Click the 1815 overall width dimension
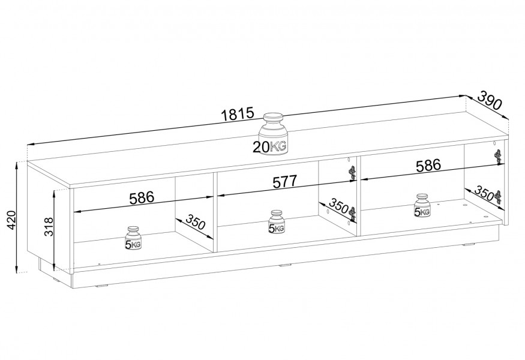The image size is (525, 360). click(x=238, y=114)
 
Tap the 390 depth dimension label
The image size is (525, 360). click(x=490, y=100)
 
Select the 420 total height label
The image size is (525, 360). click(x=11, y=220)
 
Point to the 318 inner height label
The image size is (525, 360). click(x=49, y=227)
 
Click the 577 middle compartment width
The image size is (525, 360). click(x=285, y=182)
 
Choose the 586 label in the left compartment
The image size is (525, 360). click(x=142, y=198)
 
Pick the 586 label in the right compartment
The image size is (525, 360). click(x=428, y=165)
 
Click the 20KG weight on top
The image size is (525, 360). click(x=272, y=134)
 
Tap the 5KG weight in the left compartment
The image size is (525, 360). click(x=133, y=238)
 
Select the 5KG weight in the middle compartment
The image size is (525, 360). click(x=276, y=221)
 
